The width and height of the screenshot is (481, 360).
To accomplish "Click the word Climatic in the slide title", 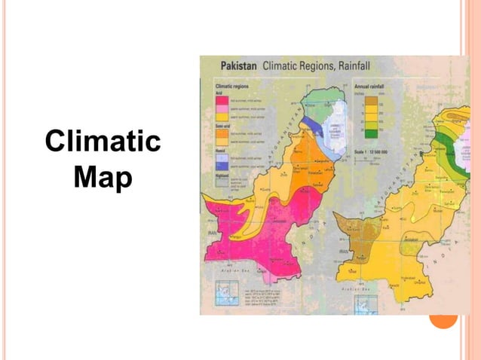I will pyautogui.click(x=103, y=142).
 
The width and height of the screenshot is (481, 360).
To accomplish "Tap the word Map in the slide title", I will pyautogui.click(x=103, y=179).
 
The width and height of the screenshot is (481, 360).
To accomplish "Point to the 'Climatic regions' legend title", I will pyautogui.click(x=227, y=87).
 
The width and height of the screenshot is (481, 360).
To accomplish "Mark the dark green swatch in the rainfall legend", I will pyautogui.click(x=370, y=134).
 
